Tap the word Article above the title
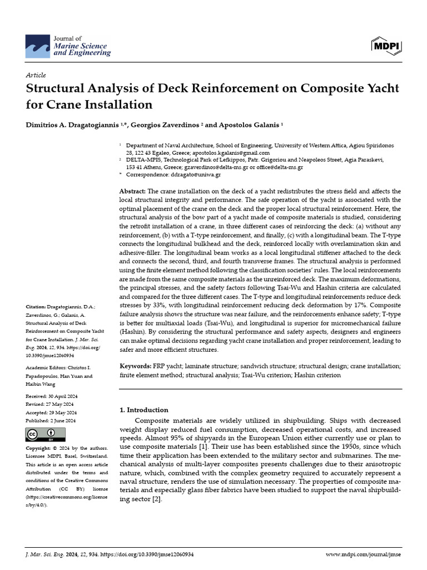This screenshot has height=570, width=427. click(x=36, y=75)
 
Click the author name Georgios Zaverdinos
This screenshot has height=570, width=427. click(x=167, y=125)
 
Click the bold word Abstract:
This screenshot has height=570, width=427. click(x=133, y=191)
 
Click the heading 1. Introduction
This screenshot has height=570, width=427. click(x=144, y=410)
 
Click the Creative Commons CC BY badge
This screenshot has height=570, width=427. click(x=46, y=435)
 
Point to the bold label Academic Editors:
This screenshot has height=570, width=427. click(x=49, y=368)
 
